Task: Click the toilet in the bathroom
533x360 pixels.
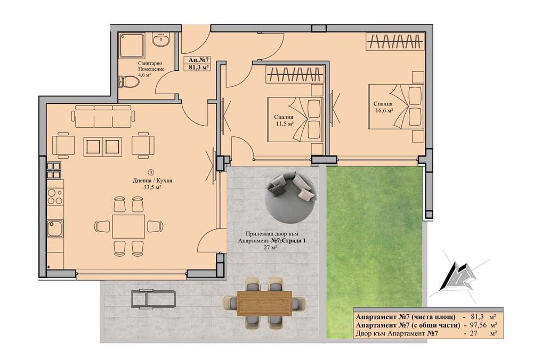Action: pos(126,81)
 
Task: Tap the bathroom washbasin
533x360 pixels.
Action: pos(159,40)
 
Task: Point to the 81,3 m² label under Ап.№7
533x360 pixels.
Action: pos(198,67)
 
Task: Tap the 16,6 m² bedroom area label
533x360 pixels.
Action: pos(383,111)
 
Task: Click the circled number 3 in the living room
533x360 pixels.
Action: pos(151,172)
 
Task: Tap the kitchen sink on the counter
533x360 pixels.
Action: pos(54,228)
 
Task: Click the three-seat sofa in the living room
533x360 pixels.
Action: pos(103,116)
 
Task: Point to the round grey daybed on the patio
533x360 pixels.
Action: pos(291,200)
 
